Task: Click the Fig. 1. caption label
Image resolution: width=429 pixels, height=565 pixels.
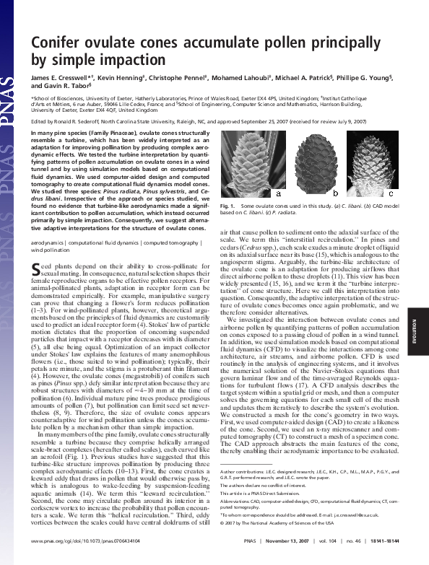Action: (228, 206)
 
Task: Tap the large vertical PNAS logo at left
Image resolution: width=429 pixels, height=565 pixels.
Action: (10, 108)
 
